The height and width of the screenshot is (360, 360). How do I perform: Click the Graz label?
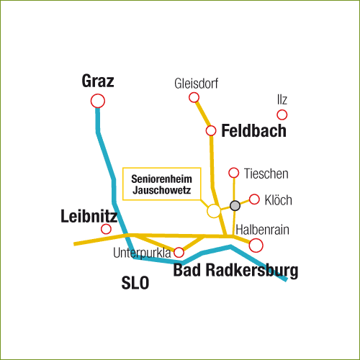coord(98,81)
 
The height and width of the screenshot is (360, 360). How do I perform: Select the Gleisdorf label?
coord(197,84)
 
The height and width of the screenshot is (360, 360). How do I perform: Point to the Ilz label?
coord(282,99)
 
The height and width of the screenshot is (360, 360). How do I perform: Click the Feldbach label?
coord(253,131)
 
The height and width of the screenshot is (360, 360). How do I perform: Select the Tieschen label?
coord(266,174)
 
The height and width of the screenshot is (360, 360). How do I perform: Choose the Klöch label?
coord(279,200)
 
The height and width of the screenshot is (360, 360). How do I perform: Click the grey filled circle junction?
coord(235,206)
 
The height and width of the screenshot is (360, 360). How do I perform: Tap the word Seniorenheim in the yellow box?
coord(161,179)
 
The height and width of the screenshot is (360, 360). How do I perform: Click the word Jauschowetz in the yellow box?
coord(161,190)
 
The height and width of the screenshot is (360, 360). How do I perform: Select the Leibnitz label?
coord(89,216)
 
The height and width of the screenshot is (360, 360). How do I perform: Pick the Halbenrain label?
coord(262,230)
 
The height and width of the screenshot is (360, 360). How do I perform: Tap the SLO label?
coord(135,283)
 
